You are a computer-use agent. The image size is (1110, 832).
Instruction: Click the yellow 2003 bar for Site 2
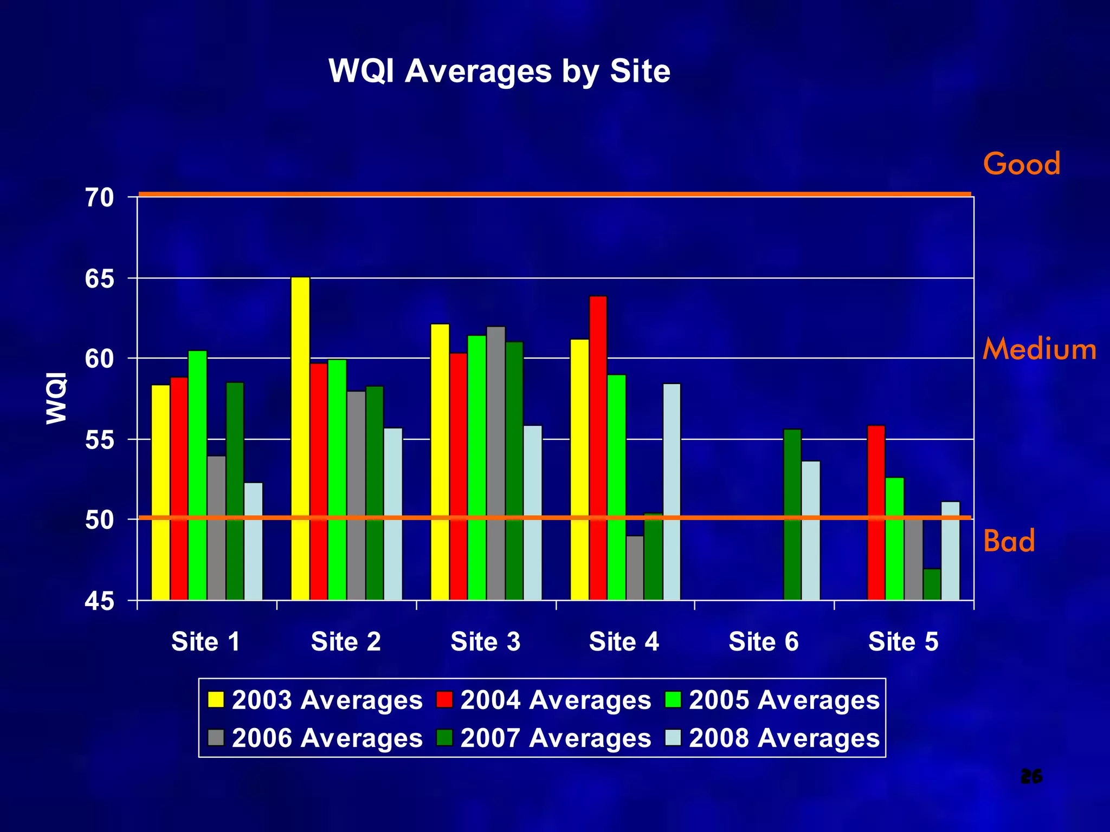300,439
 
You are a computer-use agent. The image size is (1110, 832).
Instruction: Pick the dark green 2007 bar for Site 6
792,515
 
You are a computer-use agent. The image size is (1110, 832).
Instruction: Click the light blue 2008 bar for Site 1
254,541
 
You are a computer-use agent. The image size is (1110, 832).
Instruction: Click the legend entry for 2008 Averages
772,738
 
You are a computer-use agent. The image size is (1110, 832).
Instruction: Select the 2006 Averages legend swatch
216,738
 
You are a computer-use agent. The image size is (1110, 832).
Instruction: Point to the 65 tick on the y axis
100,279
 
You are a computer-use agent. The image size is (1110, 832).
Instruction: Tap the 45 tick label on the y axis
100,601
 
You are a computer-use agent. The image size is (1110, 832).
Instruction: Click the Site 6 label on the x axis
763,642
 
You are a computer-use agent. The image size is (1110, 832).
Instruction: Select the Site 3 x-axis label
486,642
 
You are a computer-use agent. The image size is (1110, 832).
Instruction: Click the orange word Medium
1039,349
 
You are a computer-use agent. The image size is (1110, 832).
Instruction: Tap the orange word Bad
1009,541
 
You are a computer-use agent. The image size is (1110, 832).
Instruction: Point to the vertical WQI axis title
56,398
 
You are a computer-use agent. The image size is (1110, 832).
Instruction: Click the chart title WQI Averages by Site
499,71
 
